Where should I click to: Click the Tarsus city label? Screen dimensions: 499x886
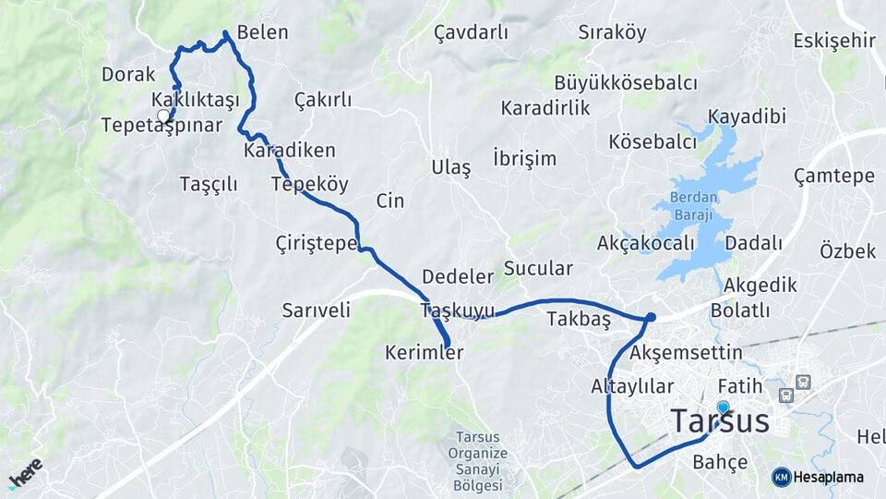coord(720,421)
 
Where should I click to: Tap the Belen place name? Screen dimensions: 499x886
coord(263,32)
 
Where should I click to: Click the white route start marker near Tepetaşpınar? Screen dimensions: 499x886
coord(163,116)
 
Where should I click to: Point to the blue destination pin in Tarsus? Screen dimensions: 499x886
coord(723,407)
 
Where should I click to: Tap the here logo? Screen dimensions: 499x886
coord(25,472)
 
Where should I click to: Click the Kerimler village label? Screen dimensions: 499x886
coord(425,352)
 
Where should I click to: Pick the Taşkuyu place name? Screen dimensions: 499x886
coord(457,310)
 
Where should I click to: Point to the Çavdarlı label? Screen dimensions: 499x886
coord(471,32)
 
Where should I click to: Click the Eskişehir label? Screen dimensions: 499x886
coord(833,40)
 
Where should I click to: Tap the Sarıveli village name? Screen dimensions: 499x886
coord(317,310)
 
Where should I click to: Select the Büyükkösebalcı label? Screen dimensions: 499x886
coord(626,83)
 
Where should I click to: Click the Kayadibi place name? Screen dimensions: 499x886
coord(747,116)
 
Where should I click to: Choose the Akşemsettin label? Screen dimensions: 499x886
coord(686,352)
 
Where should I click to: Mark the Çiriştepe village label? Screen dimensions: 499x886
coord(317,243)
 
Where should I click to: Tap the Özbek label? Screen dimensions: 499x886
coord(847,250)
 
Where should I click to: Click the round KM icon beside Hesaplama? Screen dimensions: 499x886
coord(782,477)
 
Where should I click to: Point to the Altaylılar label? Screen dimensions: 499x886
coord(632,386)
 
